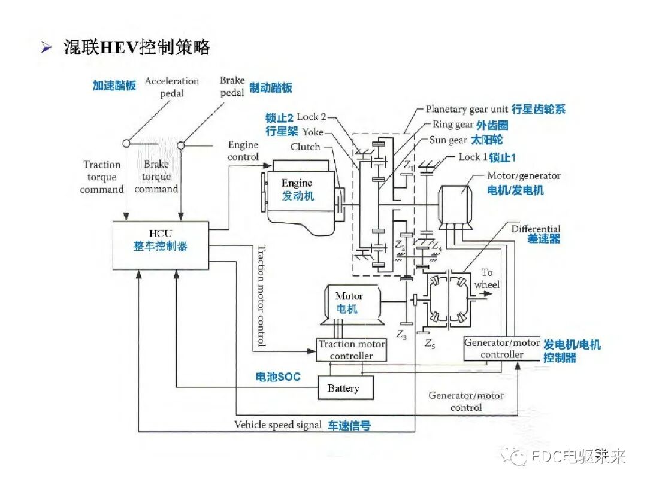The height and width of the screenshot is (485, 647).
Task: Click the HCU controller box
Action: tap(161, 245)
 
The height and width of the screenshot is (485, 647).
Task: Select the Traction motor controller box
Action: tap(352, 350)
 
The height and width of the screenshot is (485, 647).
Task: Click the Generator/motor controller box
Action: tap(502, 348)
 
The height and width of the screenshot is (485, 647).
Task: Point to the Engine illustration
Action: tap(300, 190)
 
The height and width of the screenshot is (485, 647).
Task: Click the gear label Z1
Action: tap(409, 165)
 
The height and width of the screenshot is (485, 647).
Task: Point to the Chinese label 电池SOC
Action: tap(277, 377)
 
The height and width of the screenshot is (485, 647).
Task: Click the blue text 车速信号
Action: tap(349, 425)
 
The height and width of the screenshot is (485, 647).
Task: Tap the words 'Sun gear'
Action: tap(448, 140)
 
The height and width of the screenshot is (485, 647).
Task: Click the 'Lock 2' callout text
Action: tap(312, 117)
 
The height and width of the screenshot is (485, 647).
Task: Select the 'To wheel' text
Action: tap(486, 278)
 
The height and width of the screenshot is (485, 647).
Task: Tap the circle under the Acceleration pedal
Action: tap(126, 144)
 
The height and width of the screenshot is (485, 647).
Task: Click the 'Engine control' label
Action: tap(243, 151)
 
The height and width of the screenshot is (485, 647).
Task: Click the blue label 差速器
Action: tap(543, 239)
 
